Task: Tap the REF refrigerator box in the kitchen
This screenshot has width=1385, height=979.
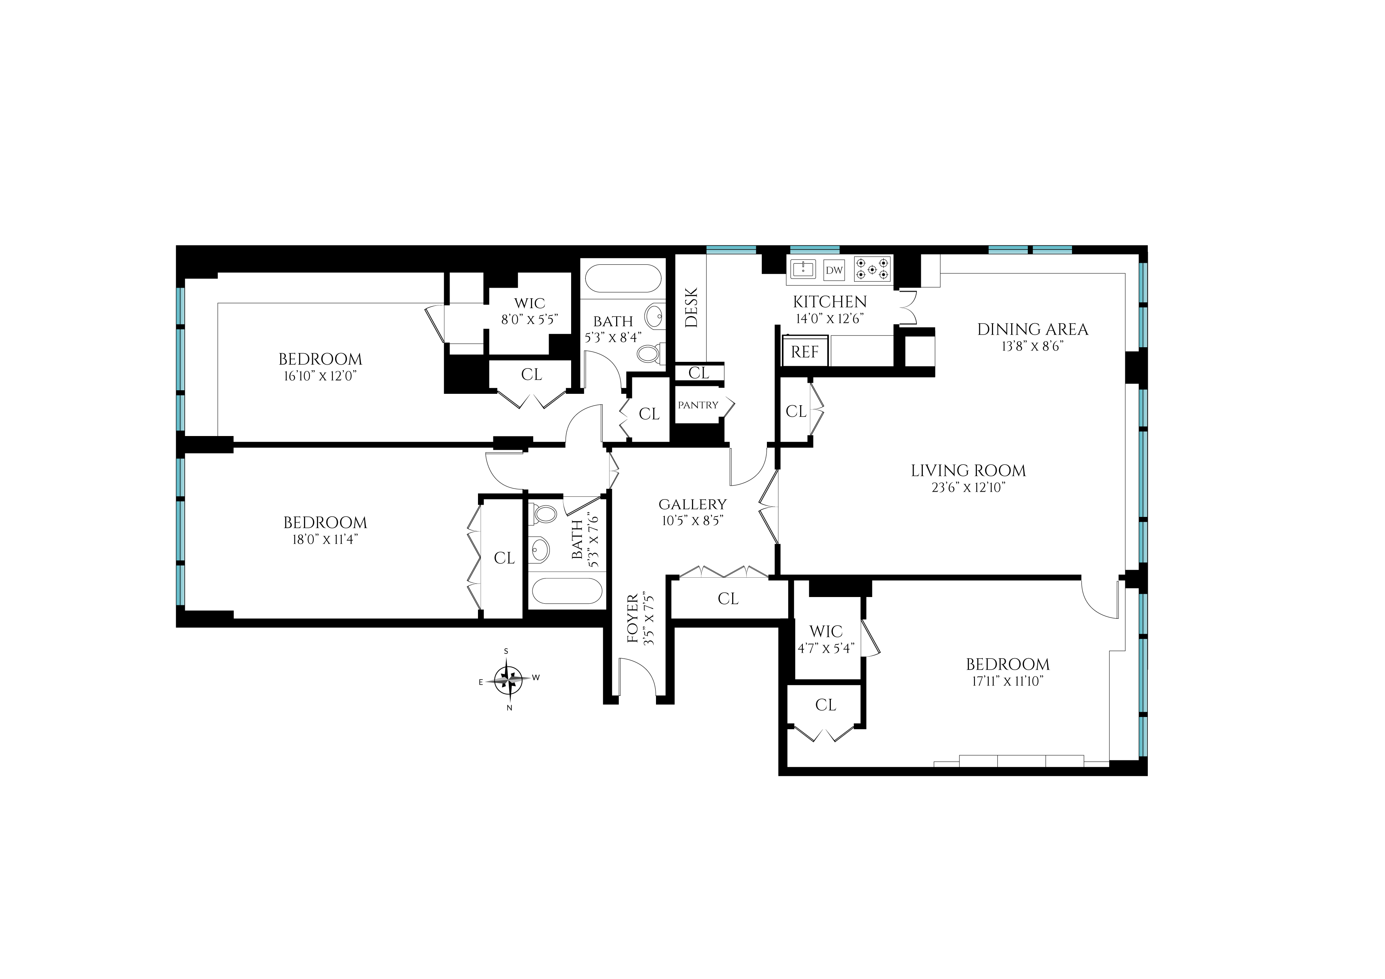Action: pyautogui.click(x=805, y=352)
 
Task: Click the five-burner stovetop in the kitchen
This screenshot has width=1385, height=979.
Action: pyautogui.click(x=872, y=269)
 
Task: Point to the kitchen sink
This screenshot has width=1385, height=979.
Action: pyautogui.click(x=804, y=269)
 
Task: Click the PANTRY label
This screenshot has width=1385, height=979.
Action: pyautogui.click(x=698, y=405)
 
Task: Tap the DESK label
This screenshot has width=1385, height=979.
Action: pyautogui.click(x=691, y=308)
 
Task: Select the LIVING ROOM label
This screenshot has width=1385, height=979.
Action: pyautogui.click(x=968, y=470)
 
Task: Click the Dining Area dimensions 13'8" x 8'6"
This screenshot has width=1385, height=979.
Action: pyautogui.click(x=1033, y=346)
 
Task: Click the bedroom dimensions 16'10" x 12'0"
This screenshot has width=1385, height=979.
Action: pyautogui.click(x=320, y=376)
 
